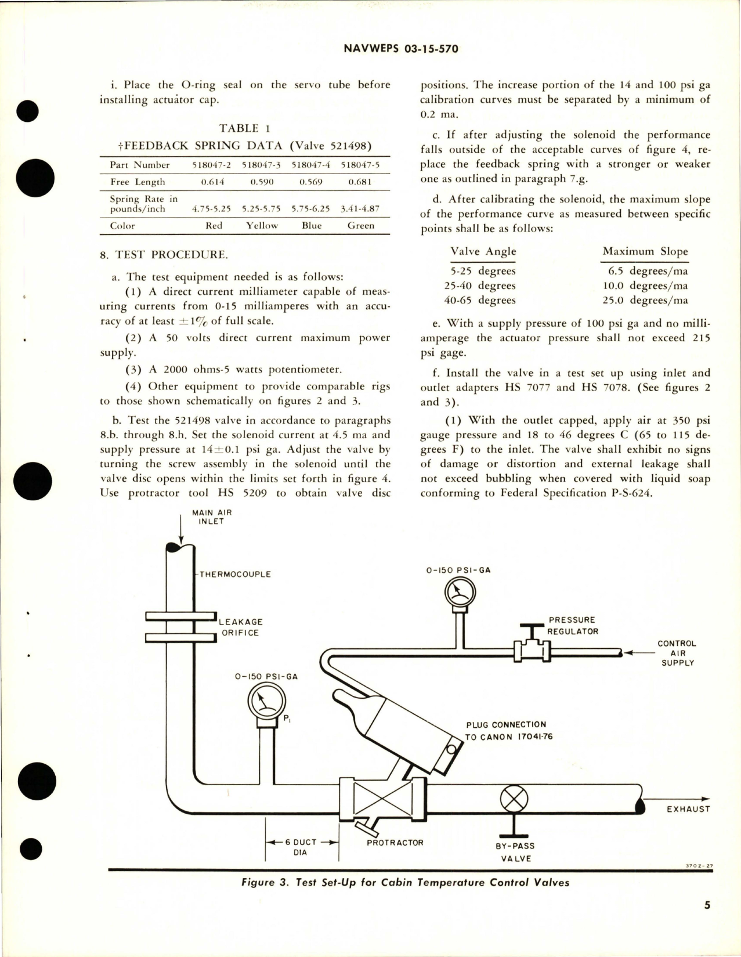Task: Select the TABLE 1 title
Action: [244, 128]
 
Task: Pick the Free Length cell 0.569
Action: [311, 182]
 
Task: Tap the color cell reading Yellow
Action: [262, 226]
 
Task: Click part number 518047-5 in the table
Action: [360, 165]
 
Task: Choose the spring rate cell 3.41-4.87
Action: [360, 209]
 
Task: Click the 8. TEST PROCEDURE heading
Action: [164, 254]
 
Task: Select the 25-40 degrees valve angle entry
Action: [482, 286]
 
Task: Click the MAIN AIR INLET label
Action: [211, 517]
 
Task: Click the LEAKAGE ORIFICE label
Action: [240, 627]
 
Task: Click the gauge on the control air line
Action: [460, 593]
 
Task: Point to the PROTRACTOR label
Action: [395, 842]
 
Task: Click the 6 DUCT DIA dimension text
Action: [301, 847]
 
